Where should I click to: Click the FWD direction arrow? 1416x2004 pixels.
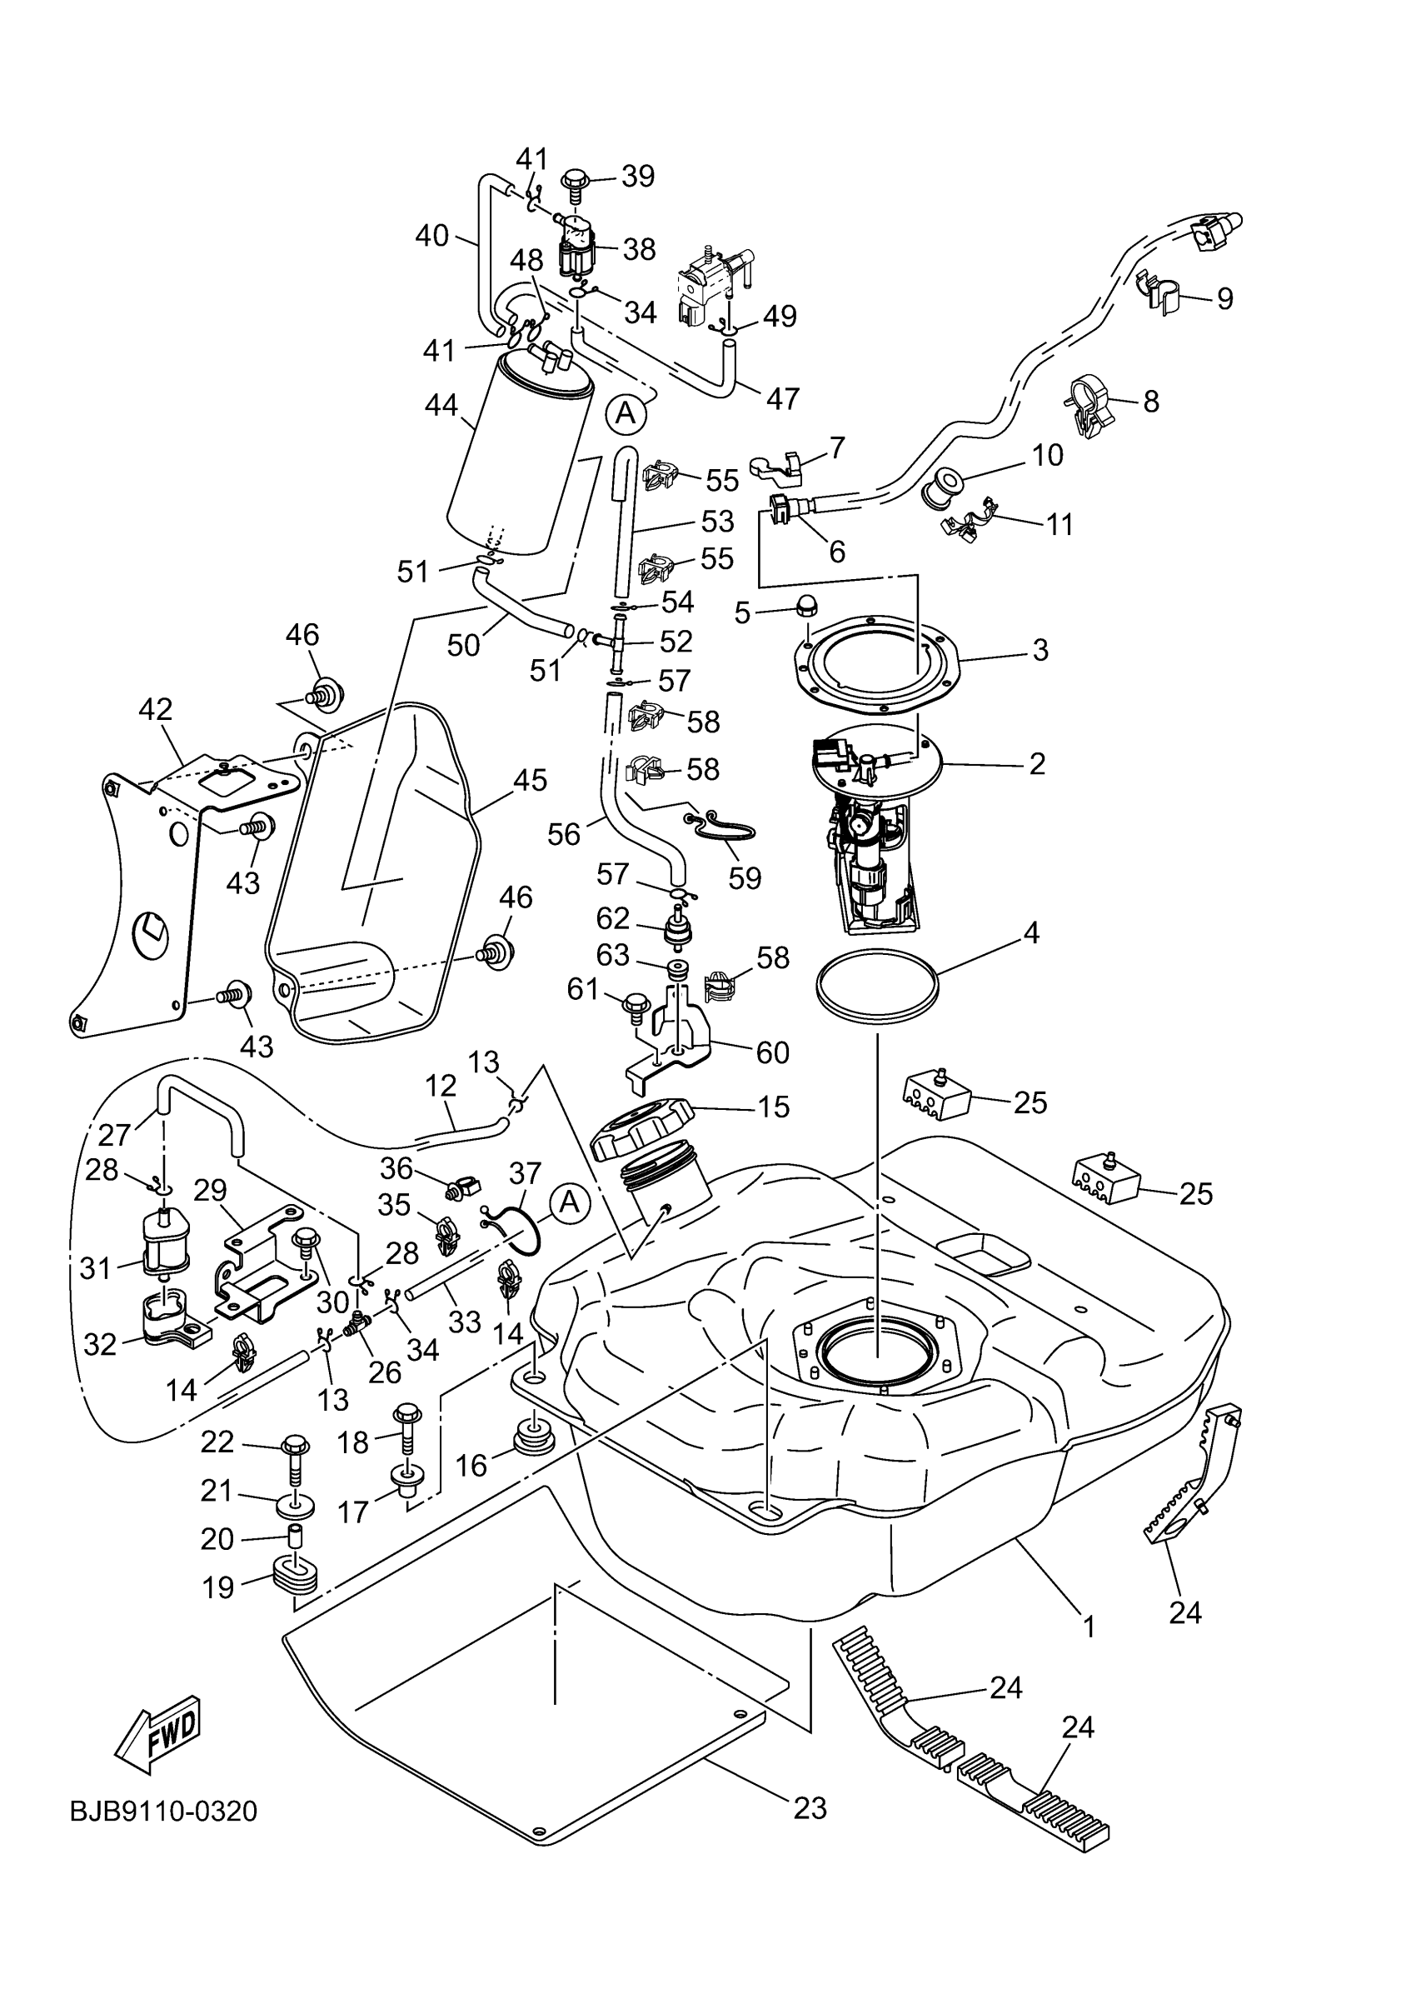click(x=159, y=1735)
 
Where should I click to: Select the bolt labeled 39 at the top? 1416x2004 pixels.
click(x=576, y=185)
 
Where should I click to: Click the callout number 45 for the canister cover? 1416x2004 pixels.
click(x=531, y=779)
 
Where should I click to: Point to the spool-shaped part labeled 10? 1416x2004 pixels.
click(x=942, y=486)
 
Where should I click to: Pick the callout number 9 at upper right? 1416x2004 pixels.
click(x=1225, y=298)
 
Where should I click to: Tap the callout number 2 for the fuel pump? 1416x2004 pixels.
click(x=1036, y=764)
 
